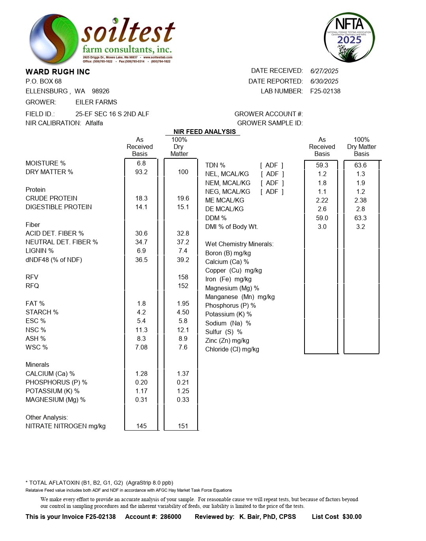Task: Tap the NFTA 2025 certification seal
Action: (349, 37)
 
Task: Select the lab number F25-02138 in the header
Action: (325, 91)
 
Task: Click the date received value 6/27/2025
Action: (324, 71)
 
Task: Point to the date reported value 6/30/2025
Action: (324, 81)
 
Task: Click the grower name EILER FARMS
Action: (96, 102)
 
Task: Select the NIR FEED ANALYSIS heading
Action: (204, 132)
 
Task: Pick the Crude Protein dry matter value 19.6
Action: (183, 198)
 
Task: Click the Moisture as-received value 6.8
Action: (141, 163)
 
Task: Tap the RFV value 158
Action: (183, 277)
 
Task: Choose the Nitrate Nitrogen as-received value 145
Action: (141, 426)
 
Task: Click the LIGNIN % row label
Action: (39, 251)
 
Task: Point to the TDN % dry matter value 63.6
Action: (361, 165)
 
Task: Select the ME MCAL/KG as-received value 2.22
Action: (322, 200)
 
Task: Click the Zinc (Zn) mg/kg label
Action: (227, 340)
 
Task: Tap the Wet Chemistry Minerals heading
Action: (239, 244)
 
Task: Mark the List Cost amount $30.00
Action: (352, 517)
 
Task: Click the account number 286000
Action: (171, 517)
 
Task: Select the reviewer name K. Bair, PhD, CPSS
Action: (267, 517)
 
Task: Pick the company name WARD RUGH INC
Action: (58, 72)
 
